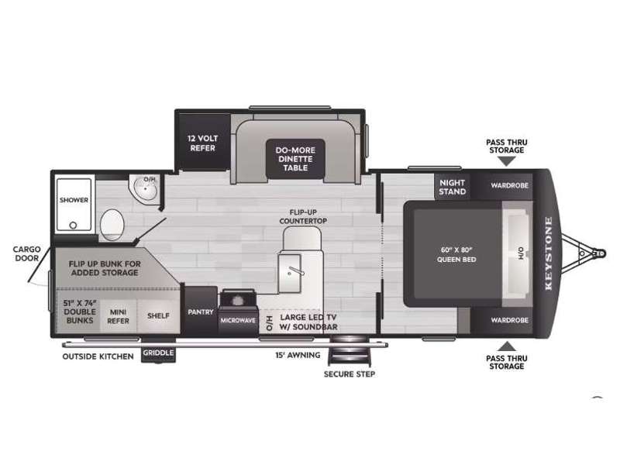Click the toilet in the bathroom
112,225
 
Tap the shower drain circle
73,226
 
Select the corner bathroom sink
145,189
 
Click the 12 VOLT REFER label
202,143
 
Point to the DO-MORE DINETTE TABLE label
295,159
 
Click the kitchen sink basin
290,274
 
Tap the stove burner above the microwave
238,301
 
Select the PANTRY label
201,312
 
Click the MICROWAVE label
238,320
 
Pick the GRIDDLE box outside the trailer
158,353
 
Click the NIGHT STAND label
453,187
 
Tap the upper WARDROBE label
509,185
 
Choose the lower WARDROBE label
509,320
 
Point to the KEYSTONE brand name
549,253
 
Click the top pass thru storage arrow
507,161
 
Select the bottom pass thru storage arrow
507,346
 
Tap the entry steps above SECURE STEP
350,350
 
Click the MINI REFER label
118,316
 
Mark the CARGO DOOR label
27,253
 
